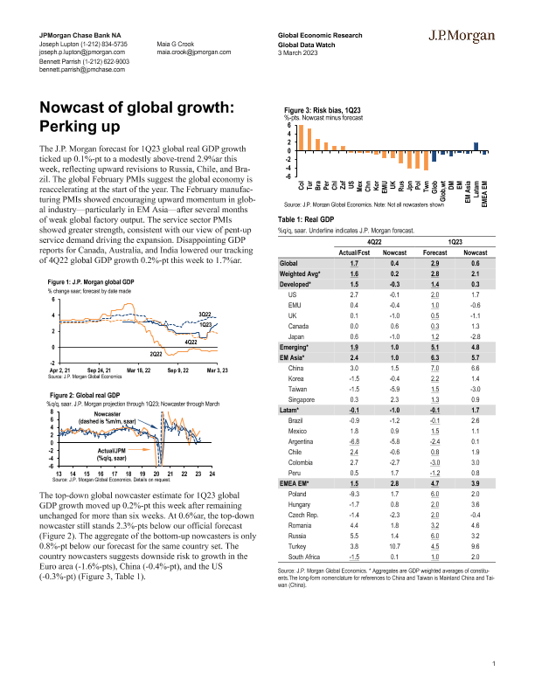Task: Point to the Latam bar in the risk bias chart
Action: pyautogui.click(x=476, y=147)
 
